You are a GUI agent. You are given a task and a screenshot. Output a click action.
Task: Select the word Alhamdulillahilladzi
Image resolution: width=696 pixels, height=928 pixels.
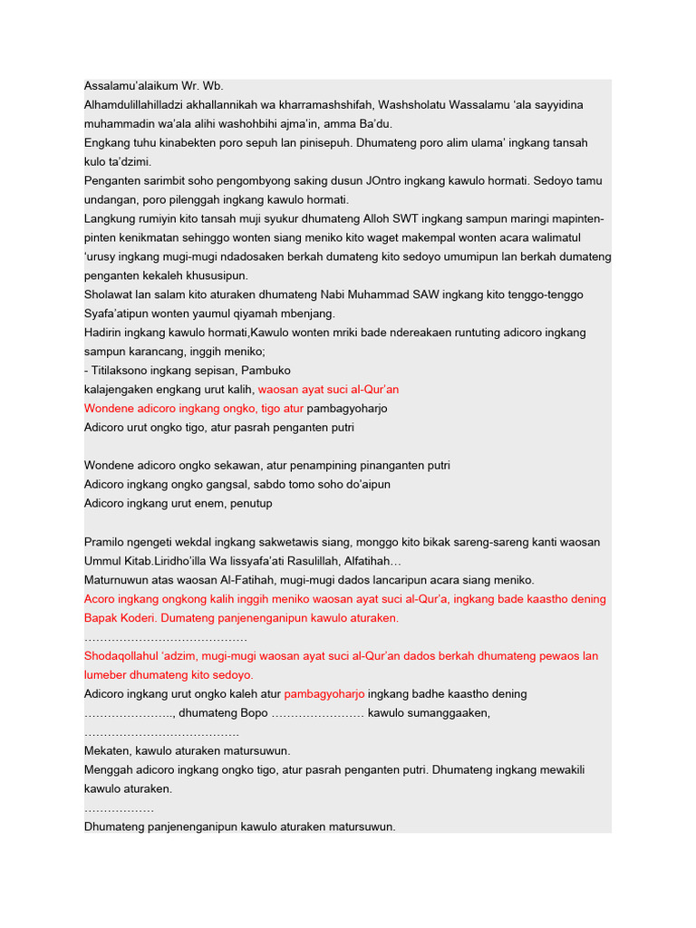[138, 105]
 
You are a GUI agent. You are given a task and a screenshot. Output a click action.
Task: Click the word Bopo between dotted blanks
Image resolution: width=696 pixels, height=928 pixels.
[250, 713]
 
